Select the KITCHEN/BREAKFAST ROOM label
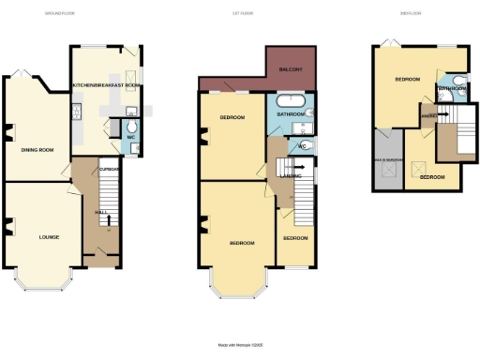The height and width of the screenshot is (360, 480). pos(107,85)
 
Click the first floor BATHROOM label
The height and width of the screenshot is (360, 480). pos(289,114)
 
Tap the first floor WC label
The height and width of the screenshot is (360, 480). pos(303,147)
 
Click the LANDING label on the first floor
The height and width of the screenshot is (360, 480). pos(290,173)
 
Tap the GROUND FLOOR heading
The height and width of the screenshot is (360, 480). pos(61,14)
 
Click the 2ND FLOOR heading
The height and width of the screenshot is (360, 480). pos(419,14)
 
